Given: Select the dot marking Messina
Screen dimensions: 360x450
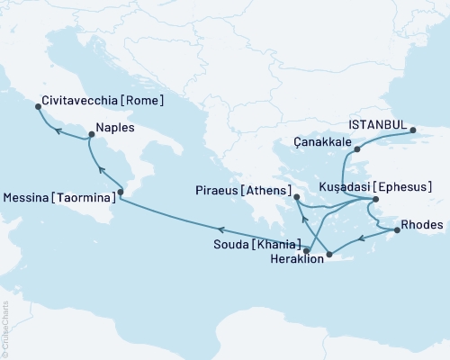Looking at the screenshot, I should pos(123,192).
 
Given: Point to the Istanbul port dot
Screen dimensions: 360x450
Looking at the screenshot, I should pos(413,130).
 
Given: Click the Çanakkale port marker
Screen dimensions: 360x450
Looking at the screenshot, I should pos(356,148).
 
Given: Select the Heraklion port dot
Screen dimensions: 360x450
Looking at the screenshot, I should pos(329,255).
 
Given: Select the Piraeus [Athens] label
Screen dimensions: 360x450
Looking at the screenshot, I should pos(241,191).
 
